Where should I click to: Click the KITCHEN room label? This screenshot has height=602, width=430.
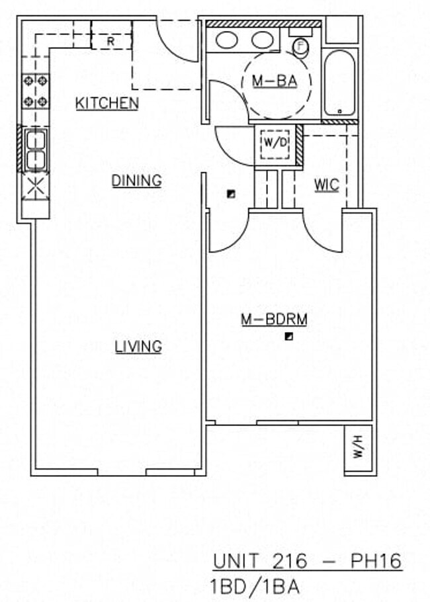pos(107,103)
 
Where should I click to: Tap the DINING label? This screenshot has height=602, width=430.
pos(136,180)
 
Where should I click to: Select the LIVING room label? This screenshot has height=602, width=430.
pos(138,346)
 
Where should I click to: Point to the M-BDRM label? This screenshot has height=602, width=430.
pos(274,320)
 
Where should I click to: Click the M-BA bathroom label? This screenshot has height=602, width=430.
pos(273,81)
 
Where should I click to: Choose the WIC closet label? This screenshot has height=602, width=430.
pos(326,185)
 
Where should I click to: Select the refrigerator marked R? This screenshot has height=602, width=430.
pos(111,40)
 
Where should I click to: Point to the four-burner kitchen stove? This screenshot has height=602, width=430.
pos(36,91)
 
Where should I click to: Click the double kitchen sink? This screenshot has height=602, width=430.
pos(36,150)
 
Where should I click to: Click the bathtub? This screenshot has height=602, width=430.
pos(340,83)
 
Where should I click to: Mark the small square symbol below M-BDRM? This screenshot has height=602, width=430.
pos(289,337)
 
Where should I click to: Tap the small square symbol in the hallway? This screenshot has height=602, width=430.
pos(231,194)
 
